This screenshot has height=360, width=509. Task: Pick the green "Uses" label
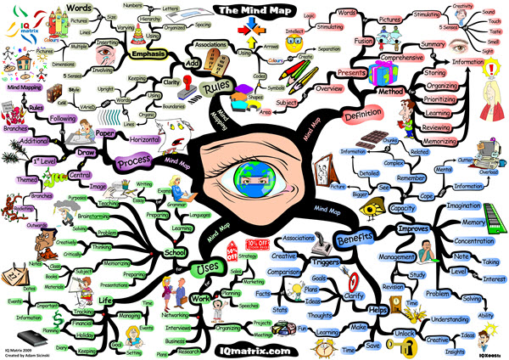coord(206,270)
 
